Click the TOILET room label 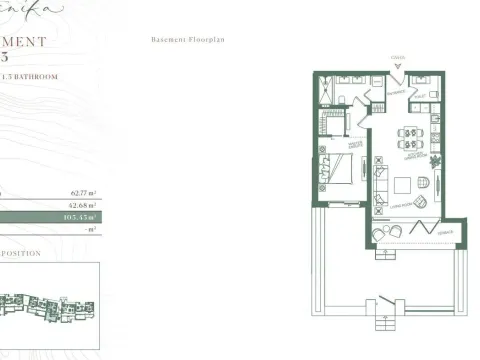click(x=420, y=95)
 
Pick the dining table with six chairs click(x=410, y=137)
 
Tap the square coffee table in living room click(x=400, y=185)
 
